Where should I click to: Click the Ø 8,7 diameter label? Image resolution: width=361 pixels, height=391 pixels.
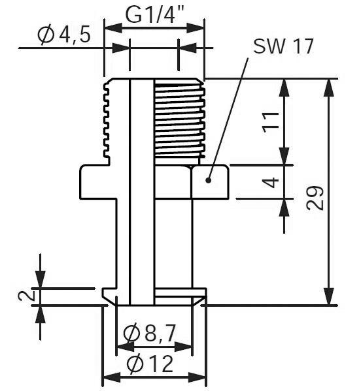150,334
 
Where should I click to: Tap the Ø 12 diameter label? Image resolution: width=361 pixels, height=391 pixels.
151,364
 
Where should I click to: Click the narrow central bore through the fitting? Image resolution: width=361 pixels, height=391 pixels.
142,196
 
